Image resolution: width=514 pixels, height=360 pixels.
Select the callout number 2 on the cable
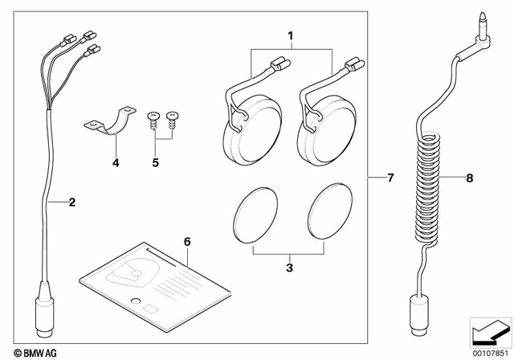coord(71,202)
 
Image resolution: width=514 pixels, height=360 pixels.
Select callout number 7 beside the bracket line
coord(390,176)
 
